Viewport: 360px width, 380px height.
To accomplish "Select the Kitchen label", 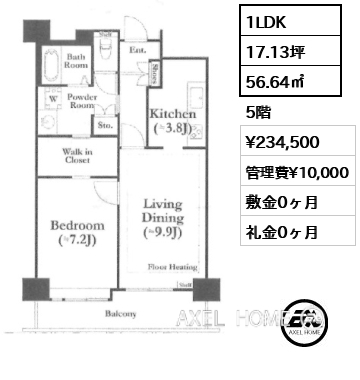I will [x=171, y=120].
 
